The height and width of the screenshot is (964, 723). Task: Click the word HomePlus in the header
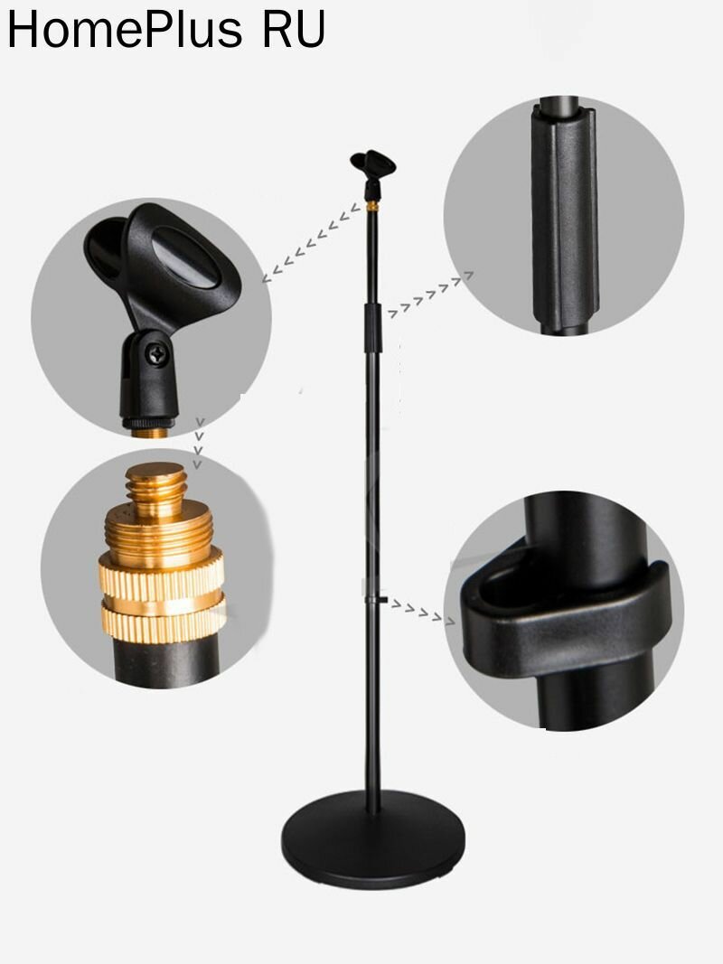coord(124,30)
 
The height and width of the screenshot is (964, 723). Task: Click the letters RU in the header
coord(294,30)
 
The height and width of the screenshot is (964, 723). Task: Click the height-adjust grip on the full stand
coord(373,327)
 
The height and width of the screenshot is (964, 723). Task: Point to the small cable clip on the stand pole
coord(376,599)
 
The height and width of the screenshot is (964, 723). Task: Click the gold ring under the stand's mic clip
coord(372,207)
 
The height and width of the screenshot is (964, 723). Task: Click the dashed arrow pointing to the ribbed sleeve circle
coord(430,295)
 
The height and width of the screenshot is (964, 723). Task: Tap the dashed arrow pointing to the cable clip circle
coord(422,612)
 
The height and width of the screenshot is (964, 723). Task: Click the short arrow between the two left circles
coord(198,443)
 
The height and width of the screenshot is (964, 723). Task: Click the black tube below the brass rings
coord(166,663)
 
